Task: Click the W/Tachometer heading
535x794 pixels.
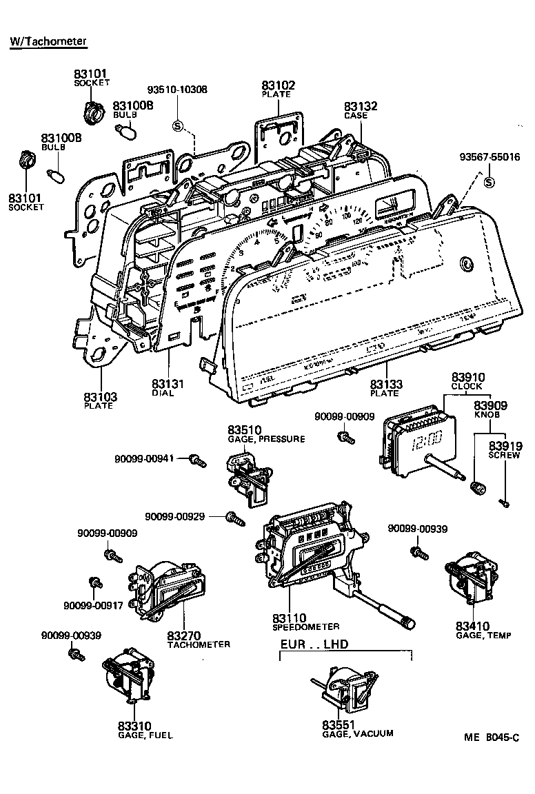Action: click(48, 42)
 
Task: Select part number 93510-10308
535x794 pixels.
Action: click(177, 90)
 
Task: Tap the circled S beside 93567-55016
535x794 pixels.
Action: click(489, 183)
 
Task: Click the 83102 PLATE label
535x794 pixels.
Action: click(278, 89)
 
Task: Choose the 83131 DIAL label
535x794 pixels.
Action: click(168, 387)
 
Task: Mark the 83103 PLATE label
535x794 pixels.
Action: click(100, 400)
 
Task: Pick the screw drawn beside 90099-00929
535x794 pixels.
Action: click(235, 518)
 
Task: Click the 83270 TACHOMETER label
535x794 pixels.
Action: click(199, 638)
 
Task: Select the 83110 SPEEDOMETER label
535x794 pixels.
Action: click(305, 622)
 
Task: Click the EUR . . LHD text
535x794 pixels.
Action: click(314, 644)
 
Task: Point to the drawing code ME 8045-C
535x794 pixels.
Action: click(490, 737)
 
